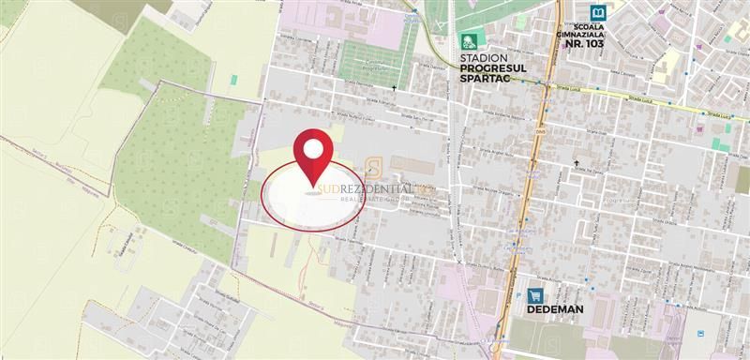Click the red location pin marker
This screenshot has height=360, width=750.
pos(313,157)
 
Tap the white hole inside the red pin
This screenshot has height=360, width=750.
pos(313,149)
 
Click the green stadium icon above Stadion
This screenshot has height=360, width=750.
pos(469,41)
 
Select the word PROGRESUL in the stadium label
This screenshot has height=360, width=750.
pos(495,68)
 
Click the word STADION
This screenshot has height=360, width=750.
pos(484,57)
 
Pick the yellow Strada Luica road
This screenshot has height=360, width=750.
pos(637,97)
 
